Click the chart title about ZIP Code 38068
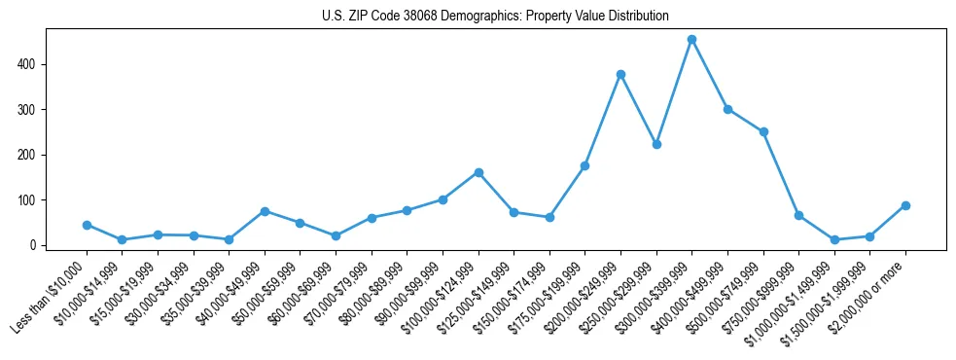pos(495,17)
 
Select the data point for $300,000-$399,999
pos(691,40)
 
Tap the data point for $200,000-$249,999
pos(620,74)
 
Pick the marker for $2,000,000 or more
pos(905,205)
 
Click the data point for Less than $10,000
pos(87,225)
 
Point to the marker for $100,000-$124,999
pos(478,172)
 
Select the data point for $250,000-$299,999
pos(656,144)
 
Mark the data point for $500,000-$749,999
pos(763,132)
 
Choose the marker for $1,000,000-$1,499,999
pos(834,239)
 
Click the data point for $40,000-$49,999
pos(265,211)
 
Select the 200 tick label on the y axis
pos(29,155)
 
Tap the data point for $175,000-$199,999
pos(585,165)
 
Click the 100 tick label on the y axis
pos(29,200)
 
